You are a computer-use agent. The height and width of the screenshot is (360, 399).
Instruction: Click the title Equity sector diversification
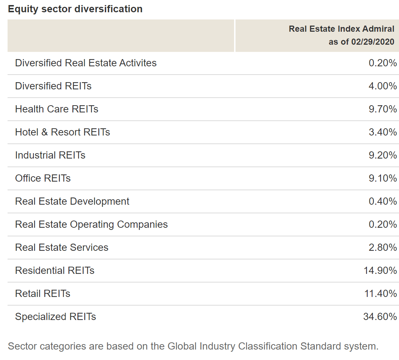pos(75,9)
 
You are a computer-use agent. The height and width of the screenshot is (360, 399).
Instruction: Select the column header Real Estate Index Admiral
pos(341,29)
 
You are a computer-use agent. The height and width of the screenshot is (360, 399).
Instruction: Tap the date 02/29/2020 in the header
pos(373,42)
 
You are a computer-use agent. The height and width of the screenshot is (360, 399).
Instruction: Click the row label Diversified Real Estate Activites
pos(86,63)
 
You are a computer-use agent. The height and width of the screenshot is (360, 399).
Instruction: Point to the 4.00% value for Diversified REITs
pos(382,86)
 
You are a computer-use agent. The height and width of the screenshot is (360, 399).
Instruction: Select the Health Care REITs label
pos(57,109)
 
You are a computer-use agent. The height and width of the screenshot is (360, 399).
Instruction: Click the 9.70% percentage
pos(382,109)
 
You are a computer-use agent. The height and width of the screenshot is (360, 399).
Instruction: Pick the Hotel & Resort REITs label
pos(62,132)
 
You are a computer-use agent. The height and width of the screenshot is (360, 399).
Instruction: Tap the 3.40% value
pos(382,132)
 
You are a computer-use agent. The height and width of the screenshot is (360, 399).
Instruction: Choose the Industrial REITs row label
pos(50,155)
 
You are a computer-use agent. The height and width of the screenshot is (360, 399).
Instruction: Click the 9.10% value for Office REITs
pos(382,178)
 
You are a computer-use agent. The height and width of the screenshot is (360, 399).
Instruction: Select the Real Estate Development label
pos(72,201)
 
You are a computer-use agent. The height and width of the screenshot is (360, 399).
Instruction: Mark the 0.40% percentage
pos(382,201)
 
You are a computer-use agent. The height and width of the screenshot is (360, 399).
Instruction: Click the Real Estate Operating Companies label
pos(91,225)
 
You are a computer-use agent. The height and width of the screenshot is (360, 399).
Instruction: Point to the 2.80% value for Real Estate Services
pos(382,248)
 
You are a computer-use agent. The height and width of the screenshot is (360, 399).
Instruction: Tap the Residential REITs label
pos(54,271)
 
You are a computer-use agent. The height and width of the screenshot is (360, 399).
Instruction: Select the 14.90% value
pos(380,271)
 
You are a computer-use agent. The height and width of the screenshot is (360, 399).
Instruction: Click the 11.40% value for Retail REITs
pos(380,294)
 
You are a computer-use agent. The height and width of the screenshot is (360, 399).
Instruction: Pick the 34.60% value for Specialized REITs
pos(380,317)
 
